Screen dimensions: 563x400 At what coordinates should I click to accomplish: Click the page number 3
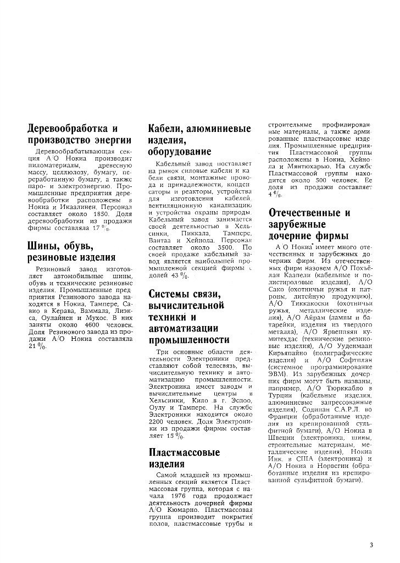(x=371, y=545)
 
